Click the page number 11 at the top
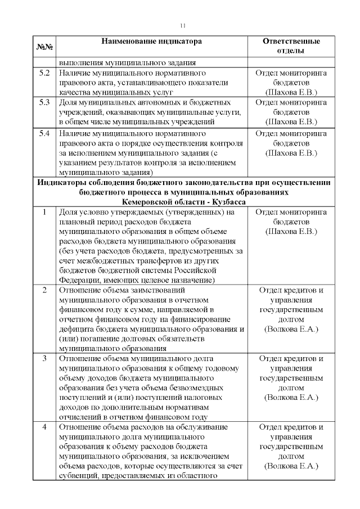click(183, 25)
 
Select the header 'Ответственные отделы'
click(291, 46)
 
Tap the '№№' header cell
click(44, 46)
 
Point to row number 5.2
click(44, 73)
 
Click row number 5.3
click(44, 103)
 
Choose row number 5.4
click(44, 133)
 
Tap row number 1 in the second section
click(44, 212)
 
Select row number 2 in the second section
click(44, 290)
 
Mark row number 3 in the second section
click(44, 358)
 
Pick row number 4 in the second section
click(44, 427)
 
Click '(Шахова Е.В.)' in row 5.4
click(291, 152)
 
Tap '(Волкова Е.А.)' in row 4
click(291, 466)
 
